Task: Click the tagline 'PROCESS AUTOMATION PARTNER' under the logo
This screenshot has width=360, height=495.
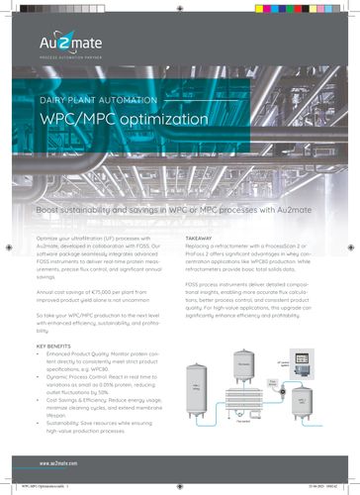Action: [69, 58]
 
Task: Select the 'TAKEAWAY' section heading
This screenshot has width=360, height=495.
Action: [202, 241]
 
